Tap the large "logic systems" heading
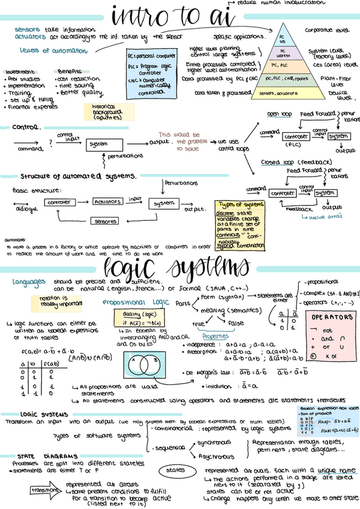tap(177, 267)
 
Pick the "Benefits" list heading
tap(70, 71)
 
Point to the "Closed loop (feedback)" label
tap(296, 162)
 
